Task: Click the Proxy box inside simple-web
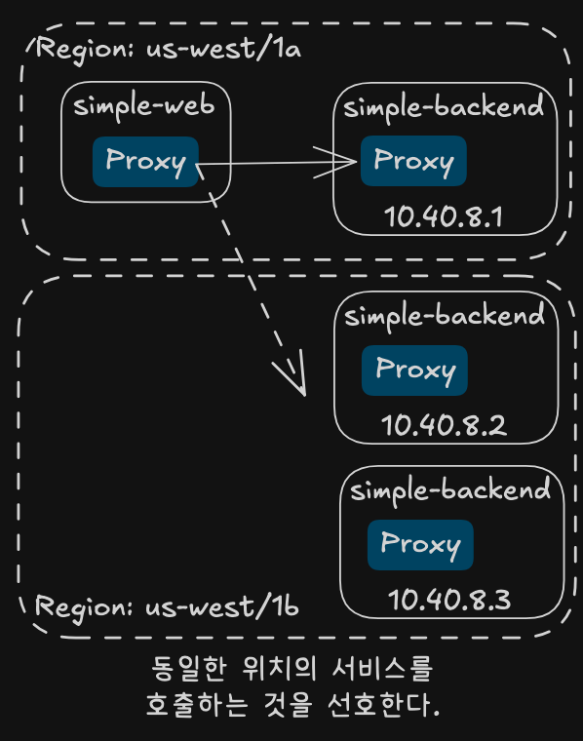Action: coord(145,162)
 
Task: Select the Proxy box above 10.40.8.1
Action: coord(413,161)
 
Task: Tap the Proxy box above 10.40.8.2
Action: coord(414,370)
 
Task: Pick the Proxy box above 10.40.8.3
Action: coord(420,545)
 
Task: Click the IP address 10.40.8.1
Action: coord(444,216)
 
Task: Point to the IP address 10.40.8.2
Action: coord(445,425)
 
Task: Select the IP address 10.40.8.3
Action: coord(449,600)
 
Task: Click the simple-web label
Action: coord(144,106)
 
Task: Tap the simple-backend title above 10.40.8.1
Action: coord(444,108)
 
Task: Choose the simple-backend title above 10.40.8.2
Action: coord(445,316)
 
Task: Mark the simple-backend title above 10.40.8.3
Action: coord(450,490)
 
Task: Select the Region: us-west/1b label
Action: coord(167,607)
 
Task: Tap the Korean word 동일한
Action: coord(188,668)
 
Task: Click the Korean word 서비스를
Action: coord(382,668)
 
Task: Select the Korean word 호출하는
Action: coord(197,705)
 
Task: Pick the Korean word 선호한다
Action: coord(383,705)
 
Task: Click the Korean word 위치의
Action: coord(279,668)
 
